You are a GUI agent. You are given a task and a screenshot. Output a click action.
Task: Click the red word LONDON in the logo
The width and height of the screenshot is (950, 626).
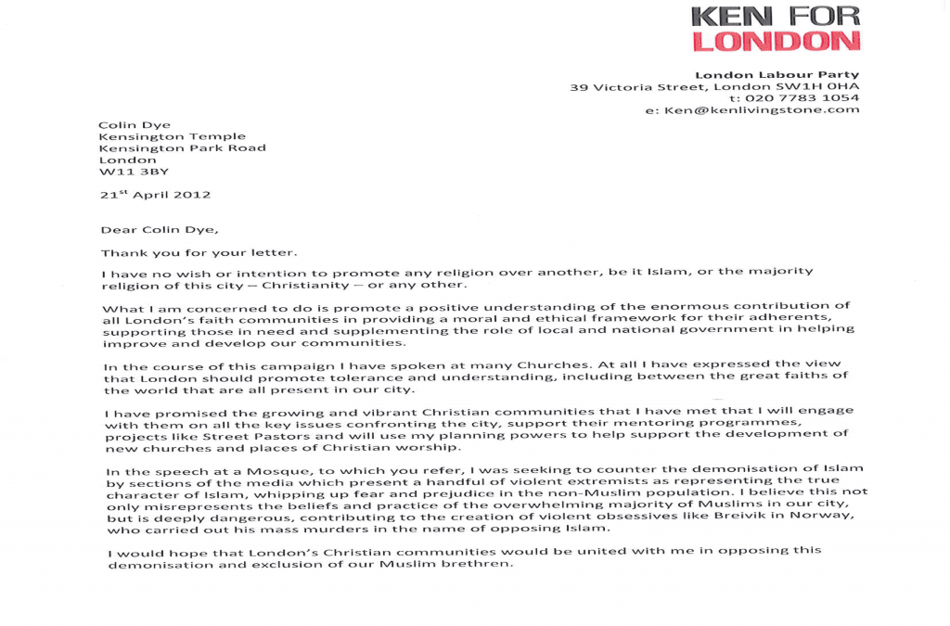pos(776,41)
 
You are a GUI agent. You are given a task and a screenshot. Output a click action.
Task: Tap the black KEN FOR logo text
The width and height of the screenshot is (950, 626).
pos(776,16)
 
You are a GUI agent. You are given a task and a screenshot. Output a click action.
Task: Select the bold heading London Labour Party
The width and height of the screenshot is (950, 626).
pos(777,75)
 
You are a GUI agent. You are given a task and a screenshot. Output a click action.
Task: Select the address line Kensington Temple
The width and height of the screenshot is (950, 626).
pos(172,136)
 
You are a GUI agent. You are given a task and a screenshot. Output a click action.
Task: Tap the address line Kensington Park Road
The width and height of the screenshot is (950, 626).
pos(182,147)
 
